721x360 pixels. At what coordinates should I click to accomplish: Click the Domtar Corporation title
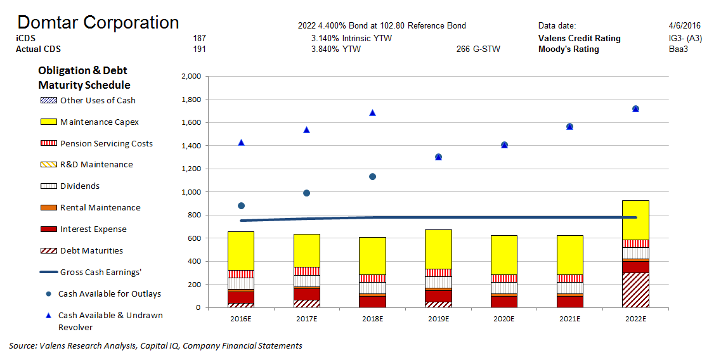98,23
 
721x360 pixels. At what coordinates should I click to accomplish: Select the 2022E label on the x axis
635,318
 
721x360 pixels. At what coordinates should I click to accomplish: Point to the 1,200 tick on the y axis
191,169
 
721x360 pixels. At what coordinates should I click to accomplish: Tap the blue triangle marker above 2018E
372,113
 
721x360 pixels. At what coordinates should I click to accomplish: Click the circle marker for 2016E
241,205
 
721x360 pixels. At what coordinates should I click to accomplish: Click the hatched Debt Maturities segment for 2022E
635,290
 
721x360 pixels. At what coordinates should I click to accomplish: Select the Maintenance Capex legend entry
99,122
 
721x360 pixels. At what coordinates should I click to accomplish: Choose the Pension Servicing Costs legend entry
106,143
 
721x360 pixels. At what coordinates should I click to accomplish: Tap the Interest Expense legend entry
93,229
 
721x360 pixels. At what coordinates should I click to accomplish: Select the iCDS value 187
199,38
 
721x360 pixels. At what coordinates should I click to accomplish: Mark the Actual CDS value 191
199,49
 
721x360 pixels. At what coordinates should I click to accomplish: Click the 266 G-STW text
477,49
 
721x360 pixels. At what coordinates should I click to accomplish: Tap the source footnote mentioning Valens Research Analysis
155,345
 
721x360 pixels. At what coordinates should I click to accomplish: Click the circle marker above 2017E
306,193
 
